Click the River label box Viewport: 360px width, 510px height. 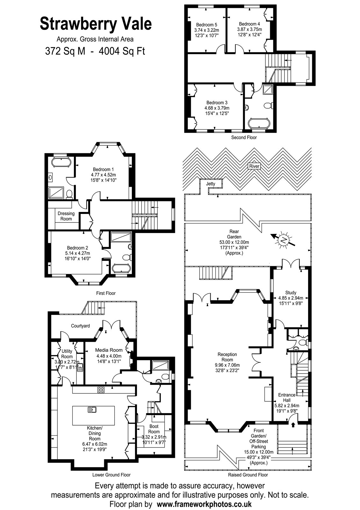click(x=254, y=166)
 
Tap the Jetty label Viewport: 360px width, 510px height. click(x=211, y=184)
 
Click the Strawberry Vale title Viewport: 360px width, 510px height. click(x=96, y=24)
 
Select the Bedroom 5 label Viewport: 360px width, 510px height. click(x=207, y=25)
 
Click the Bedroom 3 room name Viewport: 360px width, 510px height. click(x=217, y=103)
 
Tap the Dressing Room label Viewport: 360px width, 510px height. click(x=66, y=216)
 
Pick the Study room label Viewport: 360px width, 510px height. click(x=291, y=293)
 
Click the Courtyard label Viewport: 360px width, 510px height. click(x=80, y=326)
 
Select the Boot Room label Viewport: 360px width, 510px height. click(x=154, y=429)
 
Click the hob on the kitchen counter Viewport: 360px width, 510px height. click(x=101, y=390)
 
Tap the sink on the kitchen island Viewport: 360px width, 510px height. click(x=92, y=410)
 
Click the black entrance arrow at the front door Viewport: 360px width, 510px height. click(x=293, y=424)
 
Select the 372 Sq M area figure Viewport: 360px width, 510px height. click(x=65, y=51)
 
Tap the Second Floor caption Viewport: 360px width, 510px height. click(x=244, y=137)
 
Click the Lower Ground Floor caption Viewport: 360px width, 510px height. click(x=112, y=475)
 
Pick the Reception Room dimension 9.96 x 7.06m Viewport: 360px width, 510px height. click(x=227, y=365)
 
